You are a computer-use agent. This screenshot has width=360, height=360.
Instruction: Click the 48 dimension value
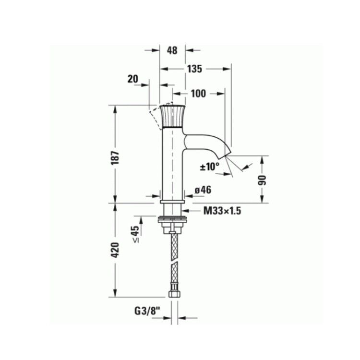coord(172,50)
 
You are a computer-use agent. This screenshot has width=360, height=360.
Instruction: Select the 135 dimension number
coord(194,69)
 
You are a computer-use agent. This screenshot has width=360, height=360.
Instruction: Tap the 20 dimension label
coord(133,79)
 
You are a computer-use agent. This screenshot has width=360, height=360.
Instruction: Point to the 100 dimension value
coord(198,94)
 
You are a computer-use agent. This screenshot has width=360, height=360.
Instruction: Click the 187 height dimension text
coord(115,158)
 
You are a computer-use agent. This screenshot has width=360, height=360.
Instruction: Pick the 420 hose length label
coord(115,250)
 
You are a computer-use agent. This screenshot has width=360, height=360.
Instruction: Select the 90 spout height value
coord(262,180)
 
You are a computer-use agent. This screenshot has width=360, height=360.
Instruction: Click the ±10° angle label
coord(210,167)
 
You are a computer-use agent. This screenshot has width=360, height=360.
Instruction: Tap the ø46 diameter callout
coord(203,190)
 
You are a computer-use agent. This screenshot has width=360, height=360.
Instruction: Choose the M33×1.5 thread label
coord(222,211)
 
